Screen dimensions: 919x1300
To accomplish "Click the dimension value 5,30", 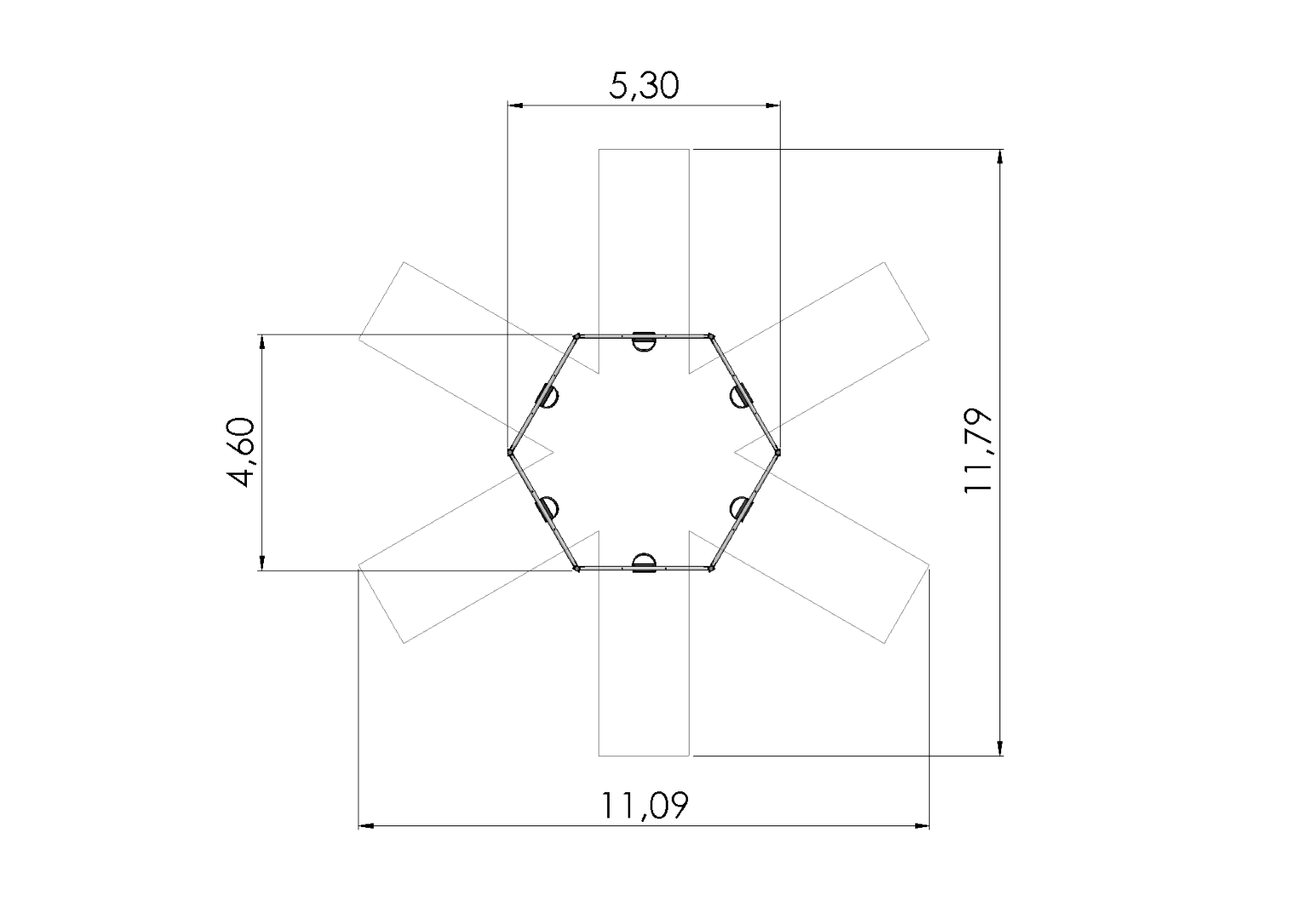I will click(644, 86).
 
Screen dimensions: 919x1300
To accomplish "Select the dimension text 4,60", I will click(242, 452).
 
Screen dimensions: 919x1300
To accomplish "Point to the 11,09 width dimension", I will click(644, 805).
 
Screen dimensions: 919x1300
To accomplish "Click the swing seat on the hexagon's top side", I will click(644, 340).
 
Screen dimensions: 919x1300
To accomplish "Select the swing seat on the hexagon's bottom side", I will click(644, 564).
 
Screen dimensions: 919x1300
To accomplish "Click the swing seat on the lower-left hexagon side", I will click(546, 508).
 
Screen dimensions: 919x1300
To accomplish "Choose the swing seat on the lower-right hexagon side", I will click(742, 508).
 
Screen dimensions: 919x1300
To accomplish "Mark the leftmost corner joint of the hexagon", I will click(510, 452).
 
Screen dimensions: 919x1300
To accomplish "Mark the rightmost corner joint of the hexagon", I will click(777, 452).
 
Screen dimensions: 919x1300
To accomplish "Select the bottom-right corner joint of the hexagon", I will click(711, 568).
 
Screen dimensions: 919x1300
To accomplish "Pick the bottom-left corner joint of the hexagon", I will click(577, 568).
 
